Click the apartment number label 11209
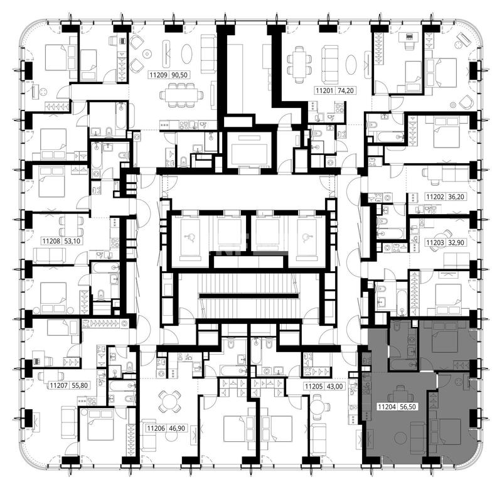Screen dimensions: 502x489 tap(159, 75)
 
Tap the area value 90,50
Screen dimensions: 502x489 tap(179, 75)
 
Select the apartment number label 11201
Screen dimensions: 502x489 tap(325, 90)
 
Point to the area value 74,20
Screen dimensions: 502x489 tap(346, 90)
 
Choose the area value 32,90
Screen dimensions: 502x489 tap(456, 242)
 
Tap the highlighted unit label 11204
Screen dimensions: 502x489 tap(387, 407)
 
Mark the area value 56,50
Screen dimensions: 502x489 tap(408, 407)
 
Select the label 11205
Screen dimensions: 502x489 tap(314, 386)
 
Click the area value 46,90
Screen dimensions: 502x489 tap(177, 428)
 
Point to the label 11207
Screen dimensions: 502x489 tap(58, 385)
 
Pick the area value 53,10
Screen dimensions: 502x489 tap(72, 240)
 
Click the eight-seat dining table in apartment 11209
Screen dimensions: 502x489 tap(181, 95)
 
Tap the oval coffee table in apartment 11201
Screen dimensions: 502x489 tap(351, 65)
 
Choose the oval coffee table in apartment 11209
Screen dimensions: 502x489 tap(186, 53)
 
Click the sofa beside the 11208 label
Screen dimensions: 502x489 tap(50, 255)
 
